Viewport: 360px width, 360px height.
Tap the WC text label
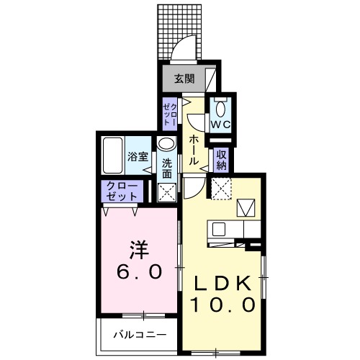click(x=220, y=124)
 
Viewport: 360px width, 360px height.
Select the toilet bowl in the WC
click(x=220, y=109)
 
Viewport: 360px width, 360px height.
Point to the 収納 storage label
click(x=221, y=159)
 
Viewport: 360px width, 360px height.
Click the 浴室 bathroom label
click(x=138, y=156)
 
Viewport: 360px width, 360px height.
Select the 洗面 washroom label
click(x=167, y=168)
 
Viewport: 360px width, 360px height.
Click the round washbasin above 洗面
click(x=166, y=144)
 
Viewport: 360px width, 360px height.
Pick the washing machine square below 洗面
click(x=167, y=192)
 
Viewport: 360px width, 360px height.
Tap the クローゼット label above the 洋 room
click(x=122, y=191)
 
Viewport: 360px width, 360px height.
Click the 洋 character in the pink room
click(x=139, y=250)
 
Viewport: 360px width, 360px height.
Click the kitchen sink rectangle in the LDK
click(x=219, y=229)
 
